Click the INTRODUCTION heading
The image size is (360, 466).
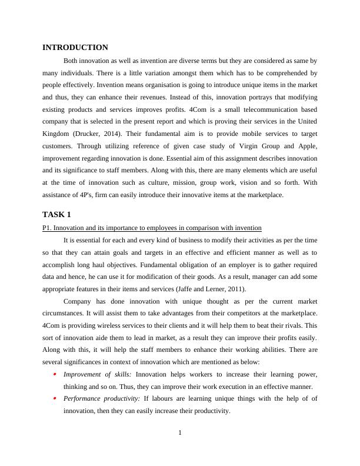(x=75, y=48)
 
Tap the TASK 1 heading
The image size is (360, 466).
(x=56, y=214)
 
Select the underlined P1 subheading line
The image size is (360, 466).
(x=152, y=228)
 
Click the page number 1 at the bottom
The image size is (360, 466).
(x=180, y=433)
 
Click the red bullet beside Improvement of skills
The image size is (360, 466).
(x=55, y=374)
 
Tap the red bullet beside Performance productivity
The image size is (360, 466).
(x=55, y=399)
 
